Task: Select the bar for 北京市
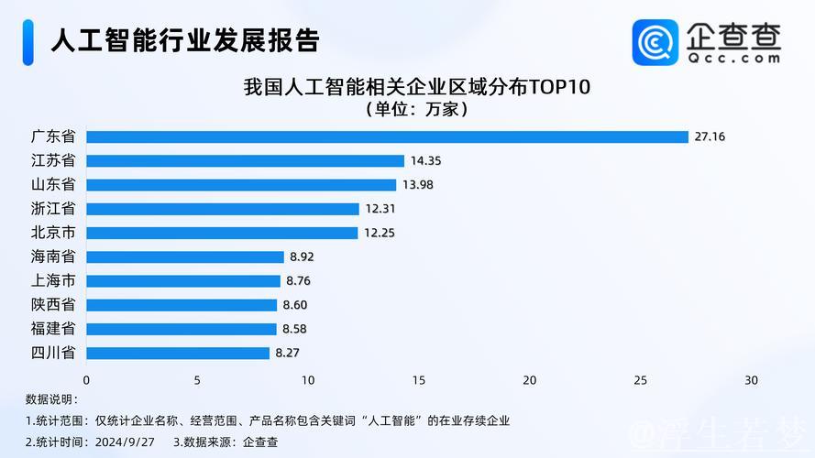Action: (x=222, y=233)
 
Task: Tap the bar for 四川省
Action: (x=178, y=353)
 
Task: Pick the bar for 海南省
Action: (x=185, y=256)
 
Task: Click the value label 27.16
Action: (x=710, y=137)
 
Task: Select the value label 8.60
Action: (x=295, y=305)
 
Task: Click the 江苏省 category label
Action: (x=53, y=160)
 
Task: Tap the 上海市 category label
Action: (x=53, y=280)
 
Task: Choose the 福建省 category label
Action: (x=53, y=329)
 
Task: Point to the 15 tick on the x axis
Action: (x=418, y=380)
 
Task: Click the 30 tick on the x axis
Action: (x=751, y=380)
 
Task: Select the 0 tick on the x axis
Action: (x=86, y=380)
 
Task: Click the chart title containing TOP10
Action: (x=417, y=88)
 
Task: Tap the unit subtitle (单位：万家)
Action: (x=417, y=110)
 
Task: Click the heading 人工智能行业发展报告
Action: (x=184, y=40)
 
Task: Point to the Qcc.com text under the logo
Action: (x=733, y=58)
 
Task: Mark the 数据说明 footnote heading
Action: (x=51, y=399)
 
